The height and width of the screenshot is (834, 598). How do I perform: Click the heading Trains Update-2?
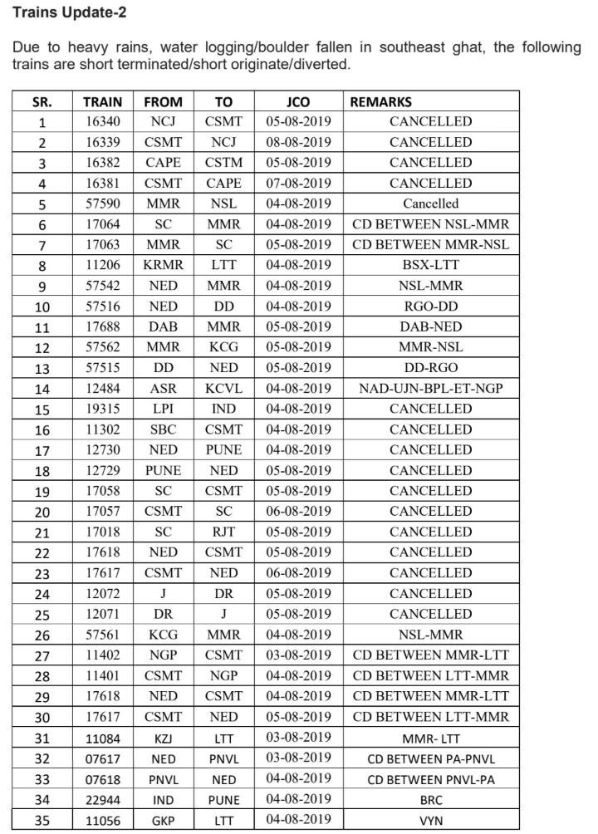point(69,13)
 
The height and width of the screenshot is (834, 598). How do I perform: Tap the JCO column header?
point(297,102)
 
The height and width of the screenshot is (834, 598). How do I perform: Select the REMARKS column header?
point(380,102)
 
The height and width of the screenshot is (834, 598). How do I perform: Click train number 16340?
point(103,121)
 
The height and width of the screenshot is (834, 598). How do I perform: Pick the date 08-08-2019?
point(298,142)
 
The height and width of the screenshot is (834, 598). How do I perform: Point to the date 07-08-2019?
point(298,183)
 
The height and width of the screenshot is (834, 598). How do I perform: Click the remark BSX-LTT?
point(430,265)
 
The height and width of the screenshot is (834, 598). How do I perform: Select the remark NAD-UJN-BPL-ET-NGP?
point(430,388)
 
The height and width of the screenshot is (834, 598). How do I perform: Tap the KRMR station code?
point(163,265)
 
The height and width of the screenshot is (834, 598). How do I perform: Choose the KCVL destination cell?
point(223,388)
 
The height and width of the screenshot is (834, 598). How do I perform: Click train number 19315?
point(103,409)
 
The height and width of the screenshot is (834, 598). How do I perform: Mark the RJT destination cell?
point(223,532)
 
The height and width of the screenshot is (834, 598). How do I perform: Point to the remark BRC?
point(430,800)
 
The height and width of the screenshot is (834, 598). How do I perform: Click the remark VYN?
point(430,820)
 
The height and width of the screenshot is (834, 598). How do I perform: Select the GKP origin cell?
point(163,820)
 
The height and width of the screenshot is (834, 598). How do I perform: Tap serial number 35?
point(42,821)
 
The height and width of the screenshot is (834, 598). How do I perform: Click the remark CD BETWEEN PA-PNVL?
point(430,758)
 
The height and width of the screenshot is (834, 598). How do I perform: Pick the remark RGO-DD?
point(430,307)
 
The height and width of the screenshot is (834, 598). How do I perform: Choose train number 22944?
point(103,800)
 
